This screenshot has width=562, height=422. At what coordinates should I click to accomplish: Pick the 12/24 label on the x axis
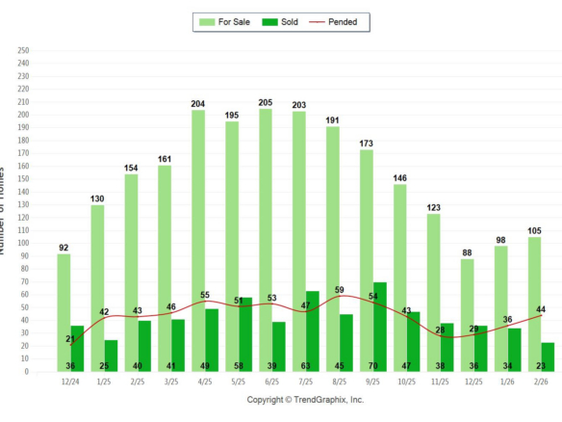[x=70, y=382]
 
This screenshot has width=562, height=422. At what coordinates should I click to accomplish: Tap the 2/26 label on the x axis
[x=542, y=382]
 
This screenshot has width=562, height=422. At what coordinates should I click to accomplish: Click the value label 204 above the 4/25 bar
[x=198, y=103]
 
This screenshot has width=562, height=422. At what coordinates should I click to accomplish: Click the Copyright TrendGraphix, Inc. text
[x=306, y=400]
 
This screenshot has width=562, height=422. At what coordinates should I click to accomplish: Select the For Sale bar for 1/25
[x=97, y=279]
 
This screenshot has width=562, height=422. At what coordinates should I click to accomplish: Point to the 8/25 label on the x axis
[x=340, y=382]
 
